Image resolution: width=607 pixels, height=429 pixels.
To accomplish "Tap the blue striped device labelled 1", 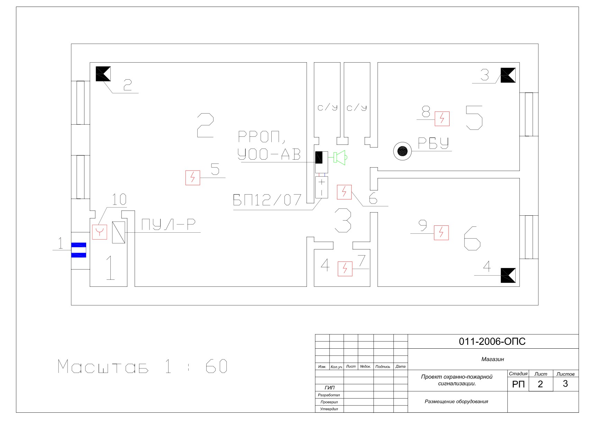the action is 79,250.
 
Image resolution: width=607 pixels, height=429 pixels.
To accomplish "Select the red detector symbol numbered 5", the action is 193,178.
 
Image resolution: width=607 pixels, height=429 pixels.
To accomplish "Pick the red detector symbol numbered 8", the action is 442,119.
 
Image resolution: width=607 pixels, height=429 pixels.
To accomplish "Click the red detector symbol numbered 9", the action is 441,233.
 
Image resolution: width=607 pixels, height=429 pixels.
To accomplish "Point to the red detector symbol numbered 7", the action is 345,269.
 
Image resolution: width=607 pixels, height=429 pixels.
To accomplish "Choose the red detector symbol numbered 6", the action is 344,192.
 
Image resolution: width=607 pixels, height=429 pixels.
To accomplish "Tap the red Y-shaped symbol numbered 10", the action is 100,232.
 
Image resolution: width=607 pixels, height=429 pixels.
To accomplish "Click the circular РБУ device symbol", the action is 402,151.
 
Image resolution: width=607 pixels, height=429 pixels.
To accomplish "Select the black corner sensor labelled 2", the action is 103,73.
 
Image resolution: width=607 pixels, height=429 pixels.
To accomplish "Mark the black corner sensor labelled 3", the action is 508,75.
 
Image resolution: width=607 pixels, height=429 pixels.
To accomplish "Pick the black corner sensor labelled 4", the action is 508,275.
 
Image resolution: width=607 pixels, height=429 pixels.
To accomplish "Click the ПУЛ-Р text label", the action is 169,225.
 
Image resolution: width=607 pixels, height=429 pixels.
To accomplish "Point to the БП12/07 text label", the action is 267,200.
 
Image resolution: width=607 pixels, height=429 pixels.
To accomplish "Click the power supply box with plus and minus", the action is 321,187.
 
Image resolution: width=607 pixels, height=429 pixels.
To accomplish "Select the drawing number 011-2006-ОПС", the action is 492,342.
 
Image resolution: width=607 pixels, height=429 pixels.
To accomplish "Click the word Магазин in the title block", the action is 492,359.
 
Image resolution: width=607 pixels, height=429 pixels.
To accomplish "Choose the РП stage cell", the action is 518,384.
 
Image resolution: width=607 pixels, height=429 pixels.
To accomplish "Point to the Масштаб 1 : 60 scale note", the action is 143,366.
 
